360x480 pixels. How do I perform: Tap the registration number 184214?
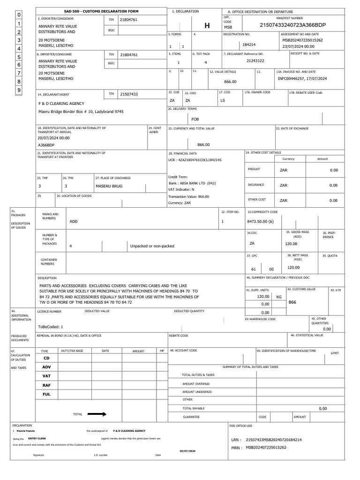pyautogui.click(x=249, y=45)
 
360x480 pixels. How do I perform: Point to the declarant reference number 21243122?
pyautogui.click(x=255, y=61)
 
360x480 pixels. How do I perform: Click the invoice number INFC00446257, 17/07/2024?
pyautogui.click(x=302, y=79)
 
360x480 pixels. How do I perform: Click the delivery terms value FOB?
pyautogui.click(x=195, y=119)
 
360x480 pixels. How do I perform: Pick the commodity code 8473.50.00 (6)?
pyautogui.click(x=260, y=221)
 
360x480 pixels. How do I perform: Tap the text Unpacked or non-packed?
pyautogui.click(x=152, y=246)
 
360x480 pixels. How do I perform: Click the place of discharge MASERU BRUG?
pyautogui.click(x=109, y=186)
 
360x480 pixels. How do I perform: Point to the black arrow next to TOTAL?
pyautogui.click(x=97, y=414)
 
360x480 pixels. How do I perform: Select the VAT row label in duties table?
pyautogui.click(x=46, y=376)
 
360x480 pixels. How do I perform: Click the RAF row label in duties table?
pyautogui.click(x=46, y=385)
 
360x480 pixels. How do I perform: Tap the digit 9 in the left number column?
pyautogui.click(x=19, y=90)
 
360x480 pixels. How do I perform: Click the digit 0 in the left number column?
pyautogui.click(x=19, y=15)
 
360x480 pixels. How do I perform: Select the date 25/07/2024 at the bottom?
pyautogui.click(x=187, y=450)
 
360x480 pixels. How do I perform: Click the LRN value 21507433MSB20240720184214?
pyautogui.click(x=273, y=440)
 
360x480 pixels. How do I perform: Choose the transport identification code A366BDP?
pyautogui.click(x=46, y=145)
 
